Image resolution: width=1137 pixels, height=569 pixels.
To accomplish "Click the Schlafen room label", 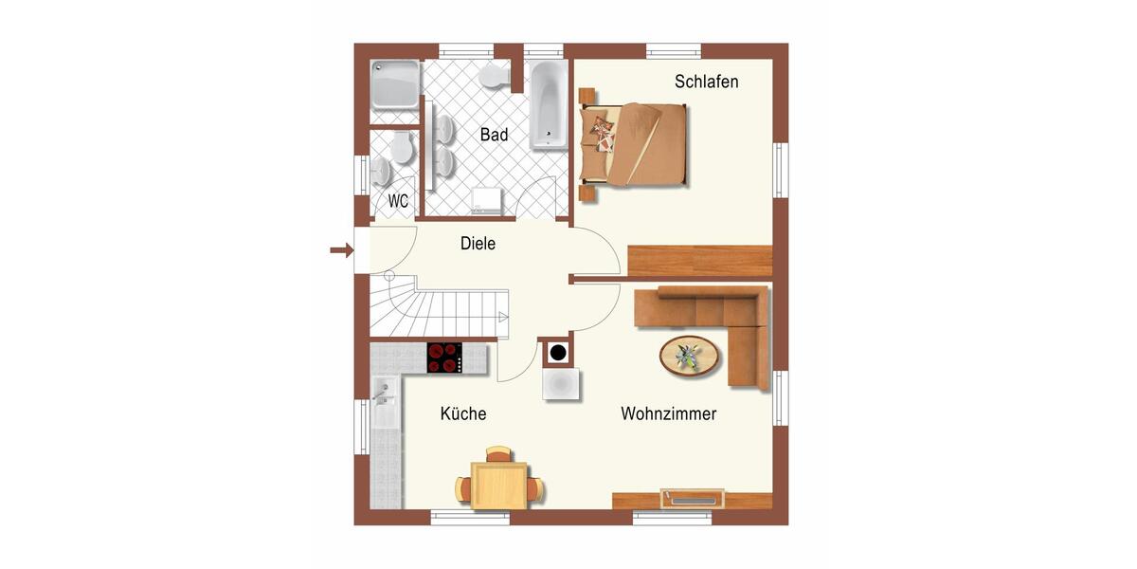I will pyautogui.click(x=706, y=82).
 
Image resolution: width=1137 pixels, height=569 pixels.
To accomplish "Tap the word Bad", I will pyautogui.click(x=494, y=135).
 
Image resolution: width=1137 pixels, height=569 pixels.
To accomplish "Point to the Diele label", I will pyautogui.click(x=478, y=244).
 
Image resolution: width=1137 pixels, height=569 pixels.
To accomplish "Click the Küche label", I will pyautogui.click(x=463, y=413).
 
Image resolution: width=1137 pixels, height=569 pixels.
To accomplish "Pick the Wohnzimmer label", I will pyautogui.click(x=668, y=413).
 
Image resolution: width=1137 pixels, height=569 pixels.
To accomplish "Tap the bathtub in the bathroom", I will pyautogui.click(x=548, y=104).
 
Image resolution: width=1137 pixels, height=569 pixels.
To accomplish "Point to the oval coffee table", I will pyautogui.click(x=689, y=357).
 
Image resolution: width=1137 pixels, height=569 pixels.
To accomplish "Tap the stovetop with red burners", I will pyautogui.click(x=444, y=357).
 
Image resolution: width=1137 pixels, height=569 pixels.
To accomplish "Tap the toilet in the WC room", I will pyautogui.click(x=401, y=148).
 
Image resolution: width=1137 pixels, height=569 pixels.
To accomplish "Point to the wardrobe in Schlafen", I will pyautogui.click(x=700, y=260).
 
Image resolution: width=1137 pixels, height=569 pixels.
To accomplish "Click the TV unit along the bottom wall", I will pyautogui.click(x=693, y=498).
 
